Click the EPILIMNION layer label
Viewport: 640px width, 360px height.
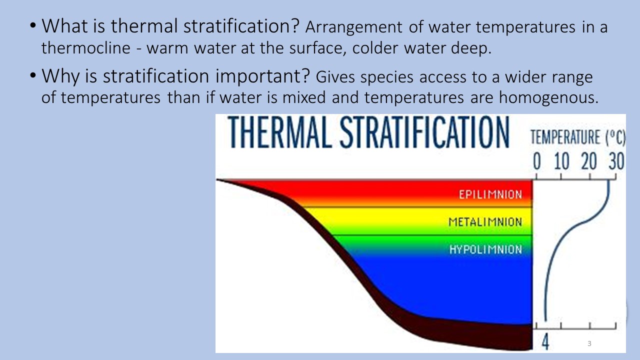click(x=490, y=194)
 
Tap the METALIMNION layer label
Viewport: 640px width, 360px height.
click(x=485, y=222)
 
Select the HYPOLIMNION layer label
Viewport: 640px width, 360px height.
click(x=485, y=249)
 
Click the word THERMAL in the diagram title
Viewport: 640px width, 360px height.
click(x=280, y=132)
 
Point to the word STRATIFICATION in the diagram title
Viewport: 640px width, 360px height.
click(x=425, y=132)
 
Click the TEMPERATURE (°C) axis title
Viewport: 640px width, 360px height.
click(x=578, y=137)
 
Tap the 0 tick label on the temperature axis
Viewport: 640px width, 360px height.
click(x=537, y=161)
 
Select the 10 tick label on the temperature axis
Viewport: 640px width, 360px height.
click(x=561, y=161)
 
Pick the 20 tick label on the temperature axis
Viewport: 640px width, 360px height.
click(x=589, y=161)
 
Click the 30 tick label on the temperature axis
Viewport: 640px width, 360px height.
click(x=616, y=161)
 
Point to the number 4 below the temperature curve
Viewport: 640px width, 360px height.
click(x=545, y=341)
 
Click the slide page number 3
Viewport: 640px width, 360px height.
click(x=589, y=343)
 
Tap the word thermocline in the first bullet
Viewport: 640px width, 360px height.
click(x=85, y=47)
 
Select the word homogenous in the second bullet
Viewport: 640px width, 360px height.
click(x=548, y=97)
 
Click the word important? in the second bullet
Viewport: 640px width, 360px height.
click(x=262, y=76)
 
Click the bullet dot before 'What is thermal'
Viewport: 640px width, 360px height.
click(x=33, y=25)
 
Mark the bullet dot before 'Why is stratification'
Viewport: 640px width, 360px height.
click(x=33, y=75)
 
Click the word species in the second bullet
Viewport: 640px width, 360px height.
click(x=387, y=77)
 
